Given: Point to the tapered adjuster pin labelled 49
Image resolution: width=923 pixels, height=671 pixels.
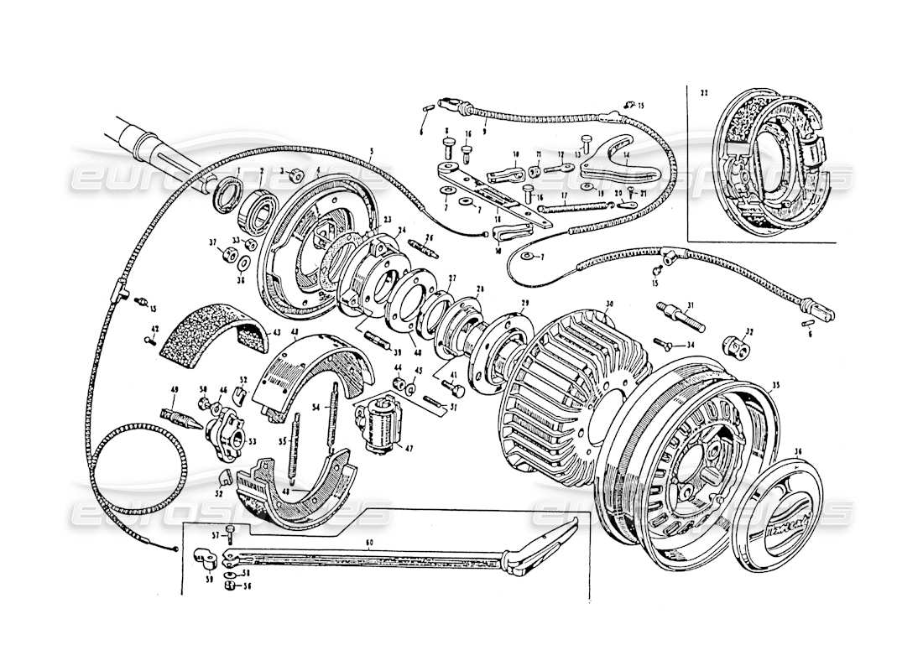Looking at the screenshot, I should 178,417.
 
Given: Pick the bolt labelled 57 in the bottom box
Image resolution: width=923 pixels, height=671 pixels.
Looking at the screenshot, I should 230,537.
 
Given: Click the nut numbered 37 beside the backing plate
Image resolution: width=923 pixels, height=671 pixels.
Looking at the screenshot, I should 226,255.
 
